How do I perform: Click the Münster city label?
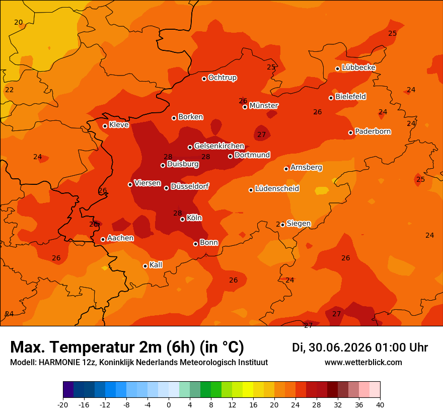(x=264, y=106)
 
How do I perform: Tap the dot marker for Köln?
(x=183, y=219)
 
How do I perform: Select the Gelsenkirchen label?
(x=219, y=146)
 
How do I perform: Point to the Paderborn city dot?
(x=350, y=132)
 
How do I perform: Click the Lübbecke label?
(x=358, y=67)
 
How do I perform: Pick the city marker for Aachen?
(x=103, y=239)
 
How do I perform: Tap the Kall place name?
(x=156, y=265)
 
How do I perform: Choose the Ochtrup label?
(x=223, y=78)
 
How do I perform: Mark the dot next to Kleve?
(x=105, y=126)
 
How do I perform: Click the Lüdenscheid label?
(x=277, y=188)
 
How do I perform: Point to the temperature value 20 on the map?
(x=18, y=22)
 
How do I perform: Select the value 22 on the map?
(x=10, y=90)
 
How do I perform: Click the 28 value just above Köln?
(x=177, y=213)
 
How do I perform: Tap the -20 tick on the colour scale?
(x=63, y=405)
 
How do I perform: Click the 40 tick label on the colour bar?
(x=380, y=405)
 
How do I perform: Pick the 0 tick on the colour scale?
(x=169, y=405)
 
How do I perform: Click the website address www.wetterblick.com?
(x=363, y=362)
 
